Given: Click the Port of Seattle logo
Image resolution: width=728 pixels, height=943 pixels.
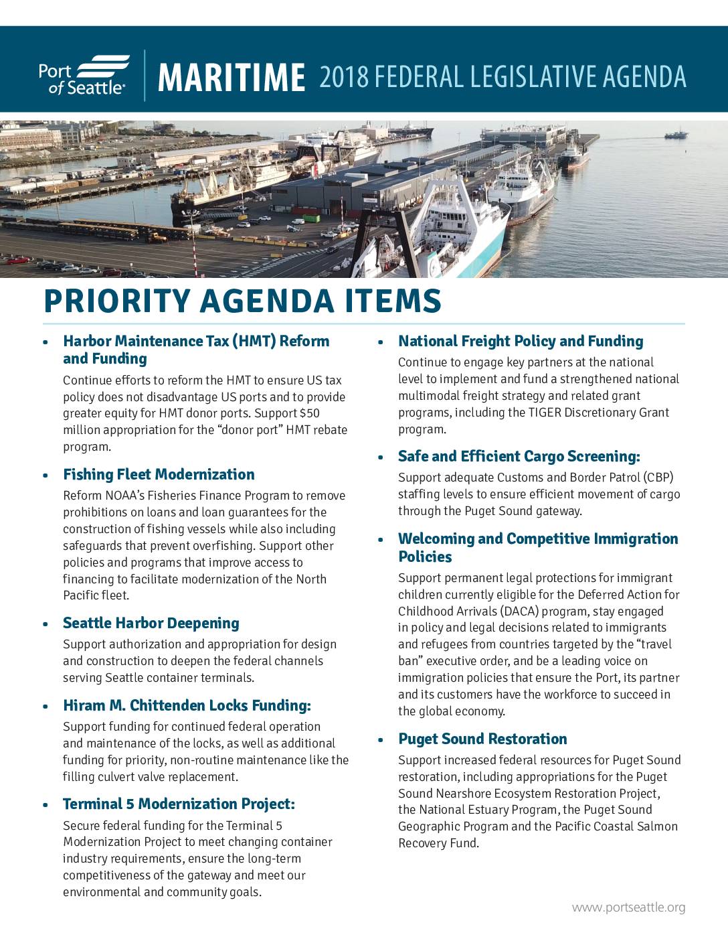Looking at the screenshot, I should coord(84,75).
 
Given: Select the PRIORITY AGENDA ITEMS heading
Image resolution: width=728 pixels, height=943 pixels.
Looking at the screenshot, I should coord(242,301).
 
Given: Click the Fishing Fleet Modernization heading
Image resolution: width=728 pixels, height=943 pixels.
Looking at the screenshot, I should coord(159,475).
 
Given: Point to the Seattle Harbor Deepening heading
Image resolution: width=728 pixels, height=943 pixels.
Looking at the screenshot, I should coord(151,624).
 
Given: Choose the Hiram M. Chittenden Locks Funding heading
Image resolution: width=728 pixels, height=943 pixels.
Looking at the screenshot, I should coord(187,706).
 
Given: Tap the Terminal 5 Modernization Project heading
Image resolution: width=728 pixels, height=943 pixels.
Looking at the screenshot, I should coord(179,804).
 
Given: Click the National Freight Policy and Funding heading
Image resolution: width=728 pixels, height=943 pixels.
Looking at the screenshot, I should coord(521,342).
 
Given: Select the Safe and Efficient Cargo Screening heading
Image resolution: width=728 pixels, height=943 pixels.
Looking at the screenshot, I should coord(519,457).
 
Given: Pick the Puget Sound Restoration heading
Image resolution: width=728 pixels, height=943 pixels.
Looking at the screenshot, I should coord(482,739).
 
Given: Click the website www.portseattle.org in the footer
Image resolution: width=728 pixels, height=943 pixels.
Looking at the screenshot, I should coord(628,908).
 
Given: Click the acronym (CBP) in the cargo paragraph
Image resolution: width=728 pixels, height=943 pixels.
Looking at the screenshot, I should coord(657,478).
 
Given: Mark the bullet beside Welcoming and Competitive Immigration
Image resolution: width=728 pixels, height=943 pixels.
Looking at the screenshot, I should coord(381,540).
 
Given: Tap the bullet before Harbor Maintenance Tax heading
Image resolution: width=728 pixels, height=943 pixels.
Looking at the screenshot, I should coord(45,342).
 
